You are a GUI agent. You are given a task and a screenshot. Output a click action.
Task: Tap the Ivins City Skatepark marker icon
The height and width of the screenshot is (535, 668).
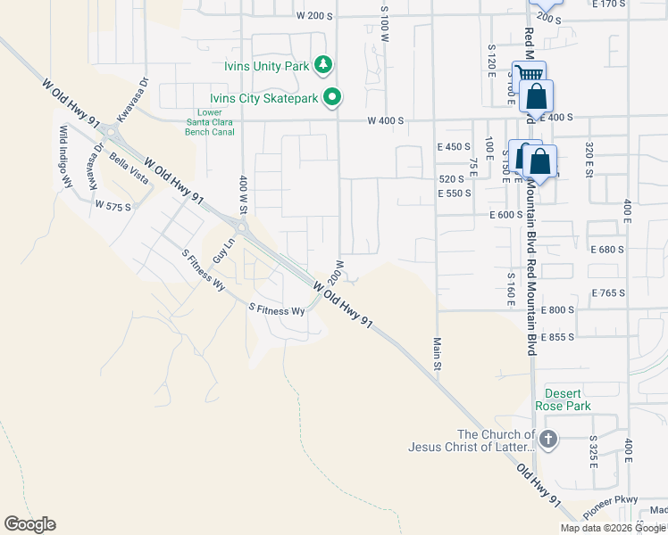pos(333,97)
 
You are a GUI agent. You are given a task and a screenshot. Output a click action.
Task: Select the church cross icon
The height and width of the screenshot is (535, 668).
pos(548,439)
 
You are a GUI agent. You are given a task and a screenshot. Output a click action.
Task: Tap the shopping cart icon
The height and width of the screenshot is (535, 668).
pos(529,75)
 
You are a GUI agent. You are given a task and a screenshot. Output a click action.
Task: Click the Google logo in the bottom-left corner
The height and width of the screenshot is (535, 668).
pos(29,523)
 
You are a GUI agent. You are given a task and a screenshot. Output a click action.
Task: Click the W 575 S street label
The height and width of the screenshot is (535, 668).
pos(113,206)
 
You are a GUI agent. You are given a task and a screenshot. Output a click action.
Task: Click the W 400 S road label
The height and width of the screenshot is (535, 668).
pos(385,120)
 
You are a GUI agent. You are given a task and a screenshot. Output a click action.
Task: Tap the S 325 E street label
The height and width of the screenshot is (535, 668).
pos(593,453)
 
